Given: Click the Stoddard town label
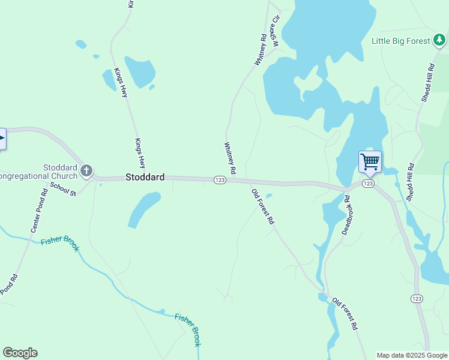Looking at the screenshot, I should coord(145,178).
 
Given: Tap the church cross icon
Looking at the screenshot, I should coord(86,172).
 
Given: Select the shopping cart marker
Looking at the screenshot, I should coord(370,161).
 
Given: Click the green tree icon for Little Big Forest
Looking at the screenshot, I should coord(440,40).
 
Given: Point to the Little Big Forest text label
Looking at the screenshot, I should coord(400,41).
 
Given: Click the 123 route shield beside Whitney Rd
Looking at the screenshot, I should coord(220,180).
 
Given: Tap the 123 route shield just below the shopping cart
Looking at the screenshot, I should coord(368,183).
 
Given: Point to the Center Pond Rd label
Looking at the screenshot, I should coord(40,211).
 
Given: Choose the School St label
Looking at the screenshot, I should coord(63,188).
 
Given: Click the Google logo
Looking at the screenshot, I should coord(20,353).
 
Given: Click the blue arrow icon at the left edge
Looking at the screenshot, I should coord(2,139).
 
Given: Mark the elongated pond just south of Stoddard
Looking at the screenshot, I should coord(144,210).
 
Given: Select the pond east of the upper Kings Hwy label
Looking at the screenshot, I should coord(140,73).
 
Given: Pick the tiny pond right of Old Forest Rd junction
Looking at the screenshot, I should coord(269,196).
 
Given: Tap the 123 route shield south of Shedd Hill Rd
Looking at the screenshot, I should coord(417,298).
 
